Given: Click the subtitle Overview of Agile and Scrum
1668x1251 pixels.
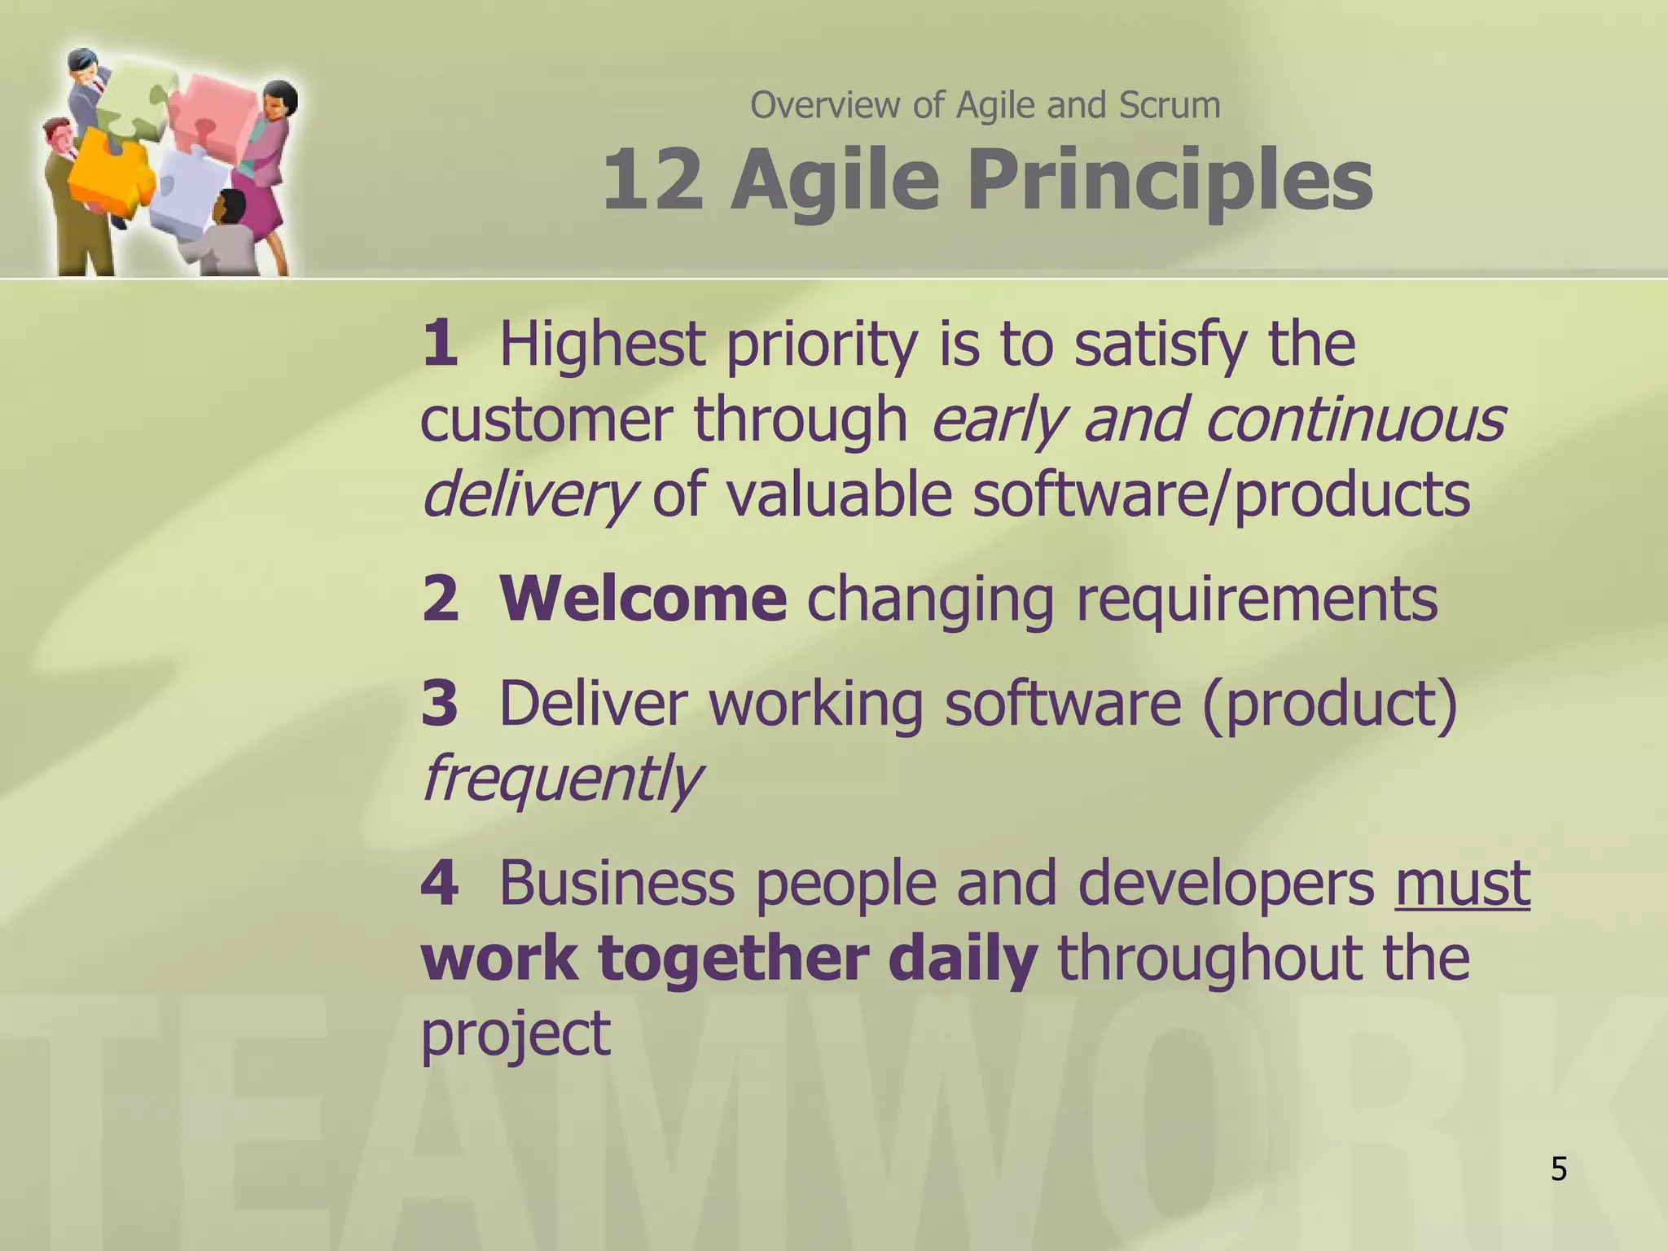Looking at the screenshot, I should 985,105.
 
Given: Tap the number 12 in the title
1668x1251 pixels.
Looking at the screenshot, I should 652,179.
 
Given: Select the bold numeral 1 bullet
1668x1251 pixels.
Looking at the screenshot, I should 440,343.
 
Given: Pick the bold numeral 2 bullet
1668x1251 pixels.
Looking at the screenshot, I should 441,599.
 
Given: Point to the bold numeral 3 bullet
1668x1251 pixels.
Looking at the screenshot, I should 440,703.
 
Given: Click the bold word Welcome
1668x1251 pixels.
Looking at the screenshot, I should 643,599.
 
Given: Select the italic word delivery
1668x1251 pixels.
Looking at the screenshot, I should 528,495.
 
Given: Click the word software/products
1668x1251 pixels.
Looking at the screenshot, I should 1221,495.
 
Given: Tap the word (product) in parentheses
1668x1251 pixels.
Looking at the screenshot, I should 1329,703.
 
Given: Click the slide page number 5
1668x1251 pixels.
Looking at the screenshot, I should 1558,1169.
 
